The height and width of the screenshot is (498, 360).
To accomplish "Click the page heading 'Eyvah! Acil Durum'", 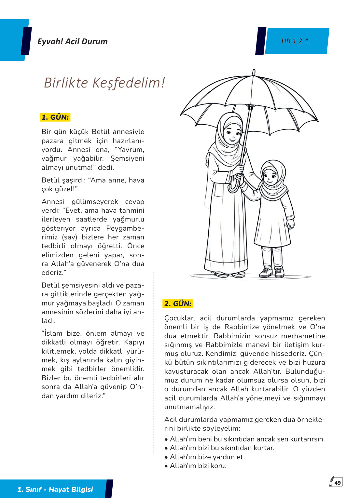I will [x=72, y=42].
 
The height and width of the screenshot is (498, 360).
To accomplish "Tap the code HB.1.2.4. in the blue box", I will [x=296, y=41].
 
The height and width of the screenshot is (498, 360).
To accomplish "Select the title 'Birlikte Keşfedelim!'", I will [x=104, y=83].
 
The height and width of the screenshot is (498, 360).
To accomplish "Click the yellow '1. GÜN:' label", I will [x=55, y=117].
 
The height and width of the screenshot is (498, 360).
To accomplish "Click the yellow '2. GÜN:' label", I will [x=178, y=303].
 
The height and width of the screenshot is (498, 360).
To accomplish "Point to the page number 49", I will [x=338, y=483].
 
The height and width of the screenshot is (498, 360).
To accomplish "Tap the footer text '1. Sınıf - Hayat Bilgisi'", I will [x=55, y=489].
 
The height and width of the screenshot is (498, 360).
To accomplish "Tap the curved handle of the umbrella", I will [x=234, y=186].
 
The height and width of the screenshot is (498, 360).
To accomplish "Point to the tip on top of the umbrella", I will [x=254, y=72].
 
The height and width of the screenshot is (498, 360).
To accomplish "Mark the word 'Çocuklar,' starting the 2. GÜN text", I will [x=179, y=318].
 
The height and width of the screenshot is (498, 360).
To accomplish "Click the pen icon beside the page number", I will [x=331, y=481].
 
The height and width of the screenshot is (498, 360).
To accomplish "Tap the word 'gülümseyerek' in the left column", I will [x=95, y=202].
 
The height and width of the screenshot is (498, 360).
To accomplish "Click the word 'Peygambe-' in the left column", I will [x=125, y=228].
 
